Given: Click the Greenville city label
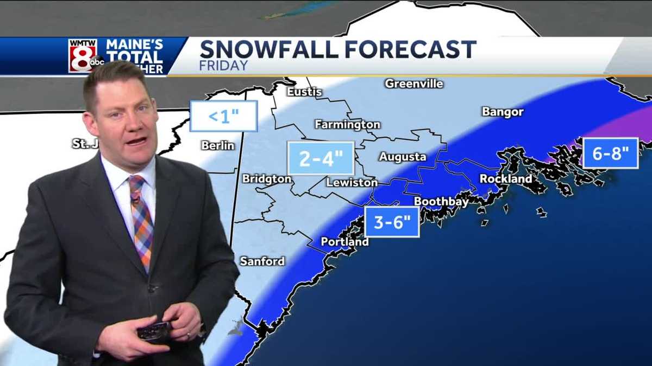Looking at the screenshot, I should [414, 84].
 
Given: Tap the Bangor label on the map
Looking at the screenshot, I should [503, 112].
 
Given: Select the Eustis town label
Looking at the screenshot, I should [304, 92].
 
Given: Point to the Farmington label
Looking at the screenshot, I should [347, 124].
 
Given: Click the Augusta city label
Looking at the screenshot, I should [403, 157].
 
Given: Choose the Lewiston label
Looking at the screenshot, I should [352, 183].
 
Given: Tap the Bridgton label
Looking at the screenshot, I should [267, 178].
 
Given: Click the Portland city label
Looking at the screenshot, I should [344, 241].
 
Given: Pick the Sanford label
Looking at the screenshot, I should [262, 261].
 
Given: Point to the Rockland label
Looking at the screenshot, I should [505, 178].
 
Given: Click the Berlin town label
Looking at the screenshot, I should [217, 145].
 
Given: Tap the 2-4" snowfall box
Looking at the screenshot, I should [321, 158].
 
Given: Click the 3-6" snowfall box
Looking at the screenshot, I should [392, 222].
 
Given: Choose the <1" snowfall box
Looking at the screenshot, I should [223, 115].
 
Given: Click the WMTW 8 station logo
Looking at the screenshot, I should [83, 55].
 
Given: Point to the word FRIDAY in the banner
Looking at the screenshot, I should [224, 66].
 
